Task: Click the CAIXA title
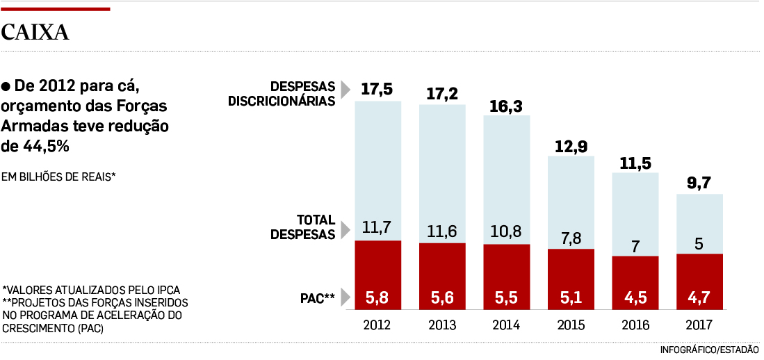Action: (x=35, y=32)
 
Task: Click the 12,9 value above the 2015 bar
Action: (x=571, y=146)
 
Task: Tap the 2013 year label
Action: (x=441, y=325)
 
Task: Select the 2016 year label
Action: (x=635, y=325)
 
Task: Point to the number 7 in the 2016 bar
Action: (x=635, y=245)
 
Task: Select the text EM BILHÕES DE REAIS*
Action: (x=59, y=177)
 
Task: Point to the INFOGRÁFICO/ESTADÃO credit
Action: (x=709, y=349)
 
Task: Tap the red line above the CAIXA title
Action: (x=56, y=9)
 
